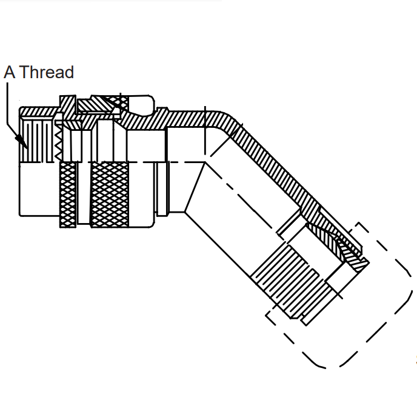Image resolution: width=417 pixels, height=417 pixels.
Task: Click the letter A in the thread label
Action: [x=9, y=72]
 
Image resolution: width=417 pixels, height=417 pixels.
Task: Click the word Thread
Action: [x=47, y=72]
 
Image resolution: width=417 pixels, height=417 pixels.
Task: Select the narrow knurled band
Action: [x=68, y=195]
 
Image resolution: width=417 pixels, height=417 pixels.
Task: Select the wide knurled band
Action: [x=110, y=195]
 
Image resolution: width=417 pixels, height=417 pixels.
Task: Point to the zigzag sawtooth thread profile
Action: [x=59, y=141]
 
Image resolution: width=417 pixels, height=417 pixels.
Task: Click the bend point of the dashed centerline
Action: [x=205, y=162]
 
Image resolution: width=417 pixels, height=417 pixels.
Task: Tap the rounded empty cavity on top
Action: [x=141, y=105]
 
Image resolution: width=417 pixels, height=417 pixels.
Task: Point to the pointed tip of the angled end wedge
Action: [x=368, y=262]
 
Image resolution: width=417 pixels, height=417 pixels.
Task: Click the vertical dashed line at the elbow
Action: [x=205, y=130]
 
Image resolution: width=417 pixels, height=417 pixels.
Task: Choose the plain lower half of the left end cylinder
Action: [x=39, y=189]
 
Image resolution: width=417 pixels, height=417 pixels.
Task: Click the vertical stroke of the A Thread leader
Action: [x=7, y=103]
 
